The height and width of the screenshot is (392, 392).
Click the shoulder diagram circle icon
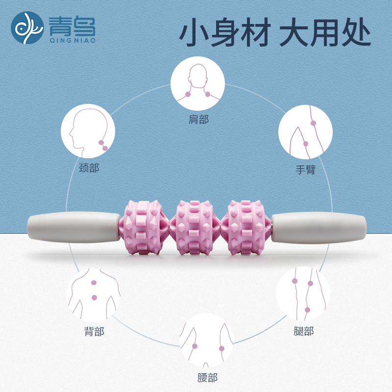click(197, 83)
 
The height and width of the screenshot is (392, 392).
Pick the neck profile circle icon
click(88, 131)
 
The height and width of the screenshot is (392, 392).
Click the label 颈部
click(89, 168)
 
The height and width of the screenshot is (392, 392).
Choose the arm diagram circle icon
click(305, 132)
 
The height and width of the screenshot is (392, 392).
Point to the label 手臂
click(305, 170)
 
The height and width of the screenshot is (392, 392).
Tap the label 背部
click(94, 332)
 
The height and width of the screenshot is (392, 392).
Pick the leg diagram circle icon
click(303, 294)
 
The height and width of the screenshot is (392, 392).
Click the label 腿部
click(303, 332)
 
